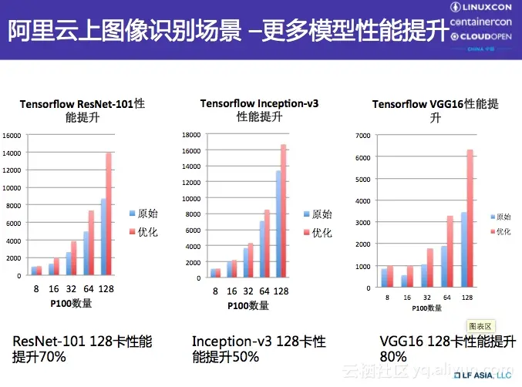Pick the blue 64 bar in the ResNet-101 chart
point(86,253)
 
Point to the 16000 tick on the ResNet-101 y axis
point(12,135)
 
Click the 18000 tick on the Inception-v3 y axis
point(190,134)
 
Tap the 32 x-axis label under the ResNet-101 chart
point(72,290)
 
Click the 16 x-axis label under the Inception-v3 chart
point(231,291)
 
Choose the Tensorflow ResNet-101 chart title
point(83,110)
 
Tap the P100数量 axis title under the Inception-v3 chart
point(248,306)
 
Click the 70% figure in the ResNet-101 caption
point(51,357)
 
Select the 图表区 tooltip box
point(481,327)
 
